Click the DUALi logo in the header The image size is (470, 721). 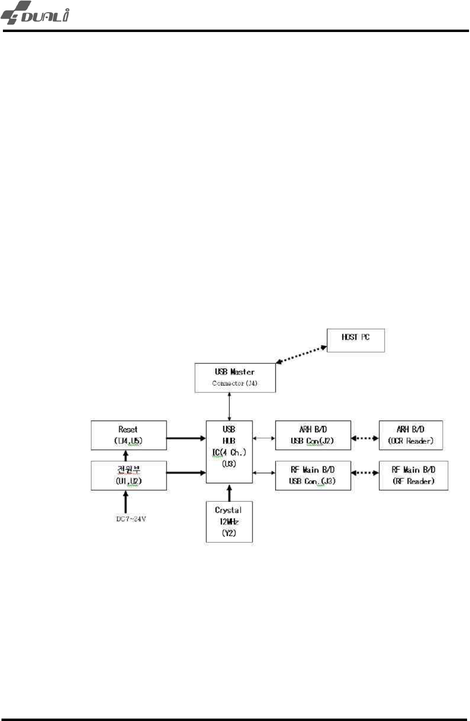(35, 13)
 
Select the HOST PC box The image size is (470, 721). (355, 340)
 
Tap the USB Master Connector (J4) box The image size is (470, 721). (235, 377)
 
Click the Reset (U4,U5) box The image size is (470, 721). (129, 435)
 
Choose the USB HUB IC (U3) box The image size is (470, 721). (229, 452)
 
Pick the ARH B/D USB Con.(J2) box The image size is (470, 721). (313, 435)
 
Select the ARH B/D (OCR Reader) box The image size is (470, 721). (411, 435)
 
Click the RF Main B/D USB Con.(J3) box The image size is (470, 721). (313, 475)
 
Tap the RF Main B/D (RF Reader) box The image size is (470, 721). (413, 475)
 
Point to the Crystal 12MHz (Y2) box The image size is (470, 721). (229, 522)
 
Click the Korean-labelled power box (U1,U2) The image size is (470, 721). (129, 475)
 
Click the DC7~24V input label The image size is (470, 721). (131, 519)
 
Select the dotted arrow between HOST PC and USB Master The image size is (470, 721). (301, 354)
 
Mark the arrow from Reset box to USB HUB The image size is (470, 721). (186, 438)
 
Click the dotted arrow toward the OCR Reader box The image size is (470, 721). (365, 438)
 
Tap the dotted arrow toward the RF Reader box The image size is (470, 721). (365, 473)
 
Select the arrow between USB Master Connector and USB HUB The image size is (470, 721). (229, 407)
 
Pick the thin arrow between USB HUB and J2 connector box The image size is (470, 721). (264, 438)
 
